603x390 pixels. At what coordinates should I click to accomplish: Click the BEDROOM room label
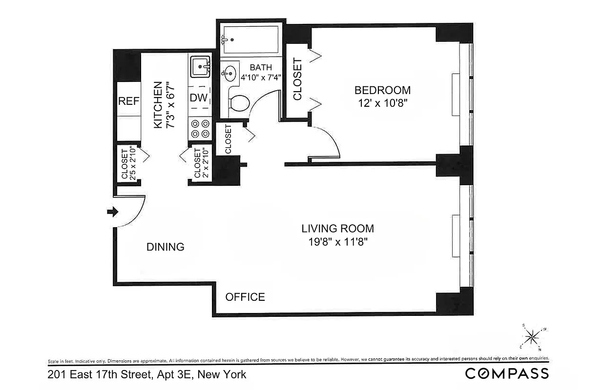(x=382, y=90)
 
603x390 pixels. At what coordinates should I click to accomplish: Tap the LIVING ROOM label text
(x=337, y=228)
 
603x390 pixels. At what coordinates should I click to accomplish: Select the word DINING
(x=166, y=247)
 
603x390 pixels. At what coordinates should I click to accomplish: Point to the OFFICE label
(x=245, y=297)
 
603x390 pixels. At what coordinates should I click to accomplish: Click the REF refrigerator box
(x=129, y=101)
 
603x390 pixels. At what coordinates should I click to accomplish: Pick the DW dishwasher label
(x=199, y=98)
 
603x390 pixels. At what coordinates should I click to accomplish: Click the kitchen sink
(x=200, y=66)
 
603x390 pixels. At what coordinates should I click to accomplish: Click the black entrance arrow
(x=112, y=212)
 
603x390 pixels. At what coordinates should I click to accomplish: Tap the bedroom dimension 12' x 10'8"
(x=382, y=103)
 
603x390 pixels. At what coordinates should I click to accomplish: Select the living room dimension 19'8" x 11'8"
(x=337, y=242)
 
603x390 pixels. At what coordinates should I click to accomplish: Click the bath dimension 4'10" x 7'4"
(x=261, y=77)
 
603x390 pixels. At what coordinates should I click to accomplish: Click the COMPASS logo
(x=507, y=374)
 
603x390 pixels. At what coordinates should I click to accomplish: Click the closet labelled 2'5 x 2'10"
(x=128, y=163)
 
